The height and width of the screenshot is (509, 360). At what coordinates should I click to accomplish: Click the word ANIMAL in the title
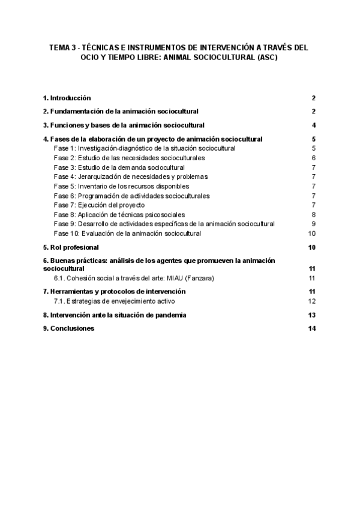[180, 59]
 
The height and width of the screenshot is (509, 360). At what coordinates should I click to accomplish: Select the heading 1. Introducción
[67, 98]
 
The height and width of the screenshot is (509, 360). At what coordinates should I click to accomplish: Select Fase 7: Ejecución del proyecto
[99, 205]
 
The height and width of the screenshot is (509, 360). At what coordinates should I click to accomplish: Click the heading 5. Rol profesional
[71, 247]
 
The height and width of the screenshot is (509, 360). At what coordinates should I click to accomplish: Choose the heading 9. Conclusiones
[68, 328]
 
